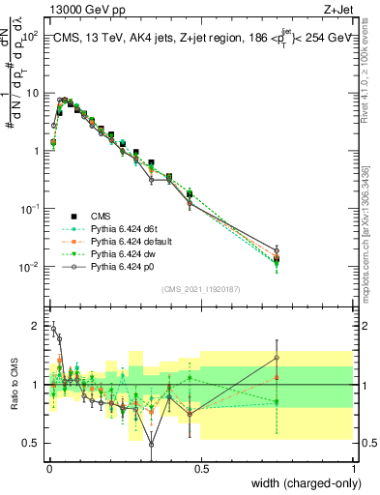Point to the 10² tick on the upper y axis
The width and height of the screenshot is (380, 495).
point(29,36)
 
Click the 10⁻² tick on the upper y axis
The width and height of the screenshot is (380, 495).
point(29,267)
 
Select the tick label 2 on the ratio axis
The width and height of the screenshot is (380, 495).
point(36,326)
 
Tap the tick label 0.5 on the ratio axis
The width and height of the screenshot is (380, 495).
point(31,443)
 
